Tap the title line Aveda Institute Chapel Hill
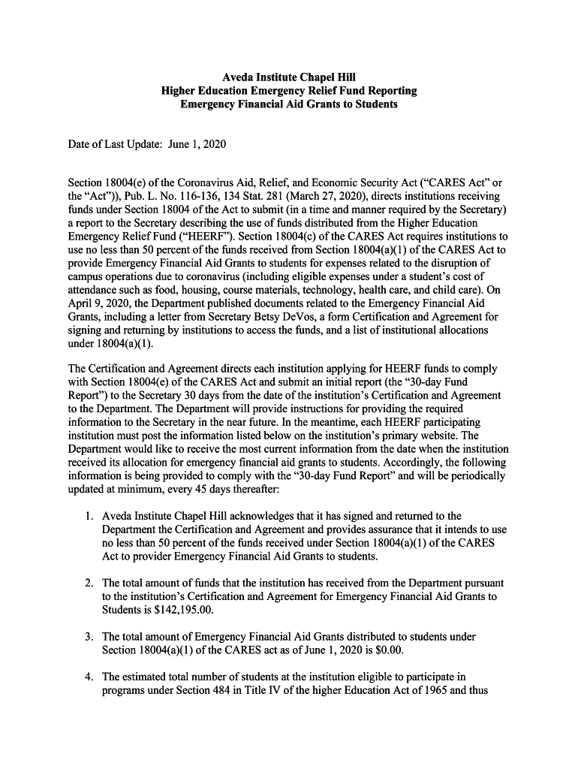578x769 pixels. coord(289,77)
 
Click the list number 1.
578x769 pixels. coord(88,516)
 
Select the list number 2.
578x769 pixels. coord(88,583)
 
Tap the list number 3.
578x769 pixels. coord(88,637)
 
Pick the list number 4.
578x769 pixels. coord(88,677)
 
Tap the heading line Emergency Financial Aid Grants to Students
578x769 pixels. coord(289,104)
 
